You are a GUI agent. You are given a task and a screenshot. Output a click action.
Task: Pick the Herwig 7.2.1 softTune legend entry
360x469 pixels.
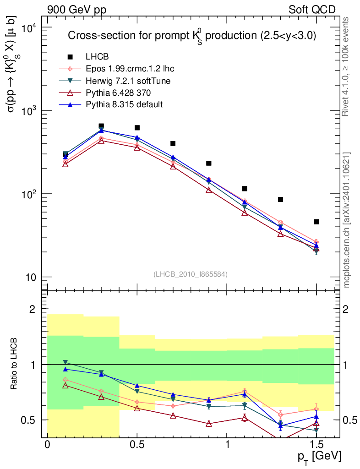[128, 81]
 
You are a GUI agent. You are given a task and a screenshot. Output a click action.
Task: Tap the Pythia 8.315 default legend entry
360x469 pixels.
[124, 104]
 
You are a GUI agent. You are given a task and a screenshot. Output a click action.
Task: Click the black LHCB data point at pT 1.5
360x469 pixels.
[316, 222]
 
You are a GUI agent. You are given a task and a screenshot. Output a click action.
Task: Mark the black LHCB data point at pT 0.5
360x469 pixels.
[137, 128]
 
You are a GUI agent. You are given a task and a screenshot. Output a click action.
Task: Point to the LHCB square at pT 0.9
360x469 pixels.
[209, 163]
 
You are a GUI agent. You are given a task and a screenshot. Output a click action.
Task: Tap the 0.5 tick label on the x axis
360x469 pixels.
[137, 445]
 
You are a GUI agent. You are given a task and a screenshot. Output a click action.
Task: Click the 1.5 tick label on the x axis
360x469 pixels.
[316, 445]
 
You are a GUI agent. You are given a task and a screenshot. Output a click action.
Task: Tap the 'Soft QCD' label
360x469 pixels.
[312, 10]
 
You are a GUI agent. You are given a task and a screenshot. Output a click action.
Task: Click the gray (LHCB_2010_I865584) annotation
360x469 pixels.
[190, 274]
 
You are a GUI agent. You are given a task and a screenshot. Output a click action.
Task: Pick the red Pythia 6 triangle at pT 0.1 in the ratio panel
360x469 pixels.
[65, 386]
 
